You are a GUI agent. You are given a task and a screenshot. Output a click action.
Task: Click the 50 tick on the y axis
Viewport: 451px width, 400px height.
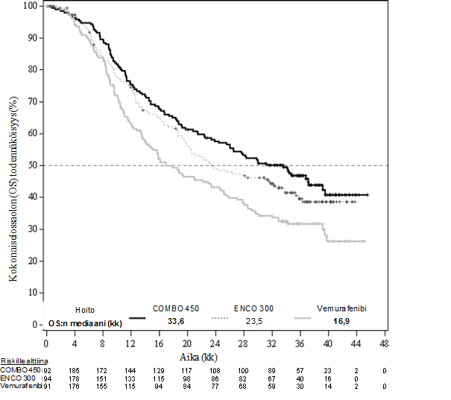tap(32, 165)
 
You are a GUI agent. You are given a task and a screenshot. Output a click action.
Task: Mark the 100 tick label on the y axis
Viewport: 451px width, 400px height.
tap(29, 6)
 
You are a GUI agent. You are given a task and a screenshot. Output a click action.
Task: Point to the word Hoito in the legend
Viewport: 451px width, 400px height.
tap(85, 310)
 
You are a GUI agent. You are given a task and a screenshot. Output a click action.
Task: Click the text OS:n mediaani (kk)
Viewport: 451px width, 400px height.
tap(85, 323)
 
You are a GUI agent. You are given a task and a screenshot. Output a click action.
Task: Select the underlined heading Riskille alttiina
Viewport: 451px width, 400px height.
tap(21, 361)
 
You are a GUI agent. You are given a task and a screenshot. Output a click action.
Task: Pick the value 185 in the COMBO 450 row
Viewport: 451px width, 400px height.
tap(74, 370)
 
